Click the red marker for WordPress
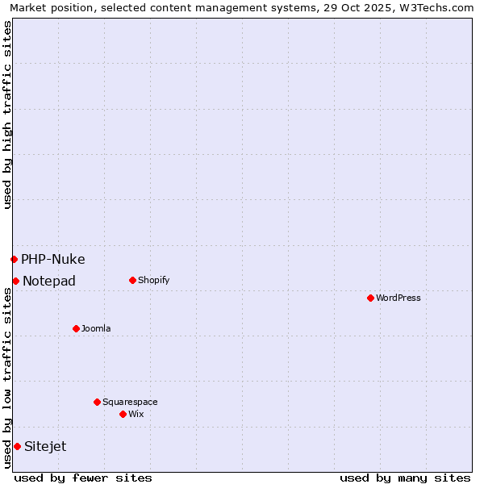point(370,298)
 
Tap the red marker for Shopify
point(132,280)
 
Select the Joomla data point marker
point(76,328)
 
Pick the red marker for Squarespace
point(97,402)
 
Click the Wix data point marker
point(123,414)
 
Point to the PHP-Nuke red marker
point(14,259)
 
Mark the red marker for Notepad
point(15,281)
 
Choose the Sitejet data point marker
point(17,446)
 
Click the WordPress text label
point(398,298)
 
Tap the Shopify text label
point(153,280)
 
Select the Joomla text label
point(96,328)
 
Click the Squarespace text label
point(130,402)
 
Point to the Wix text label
point(136,414)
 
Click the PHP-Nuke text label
point(53,259)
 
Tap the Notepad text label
point(49,281)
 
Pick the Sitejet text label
point(45,446)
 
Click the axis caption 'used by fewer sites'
point(83,478)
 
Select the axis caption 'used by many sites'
point(405,478)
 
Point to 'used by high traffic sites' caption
point(7,115)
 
